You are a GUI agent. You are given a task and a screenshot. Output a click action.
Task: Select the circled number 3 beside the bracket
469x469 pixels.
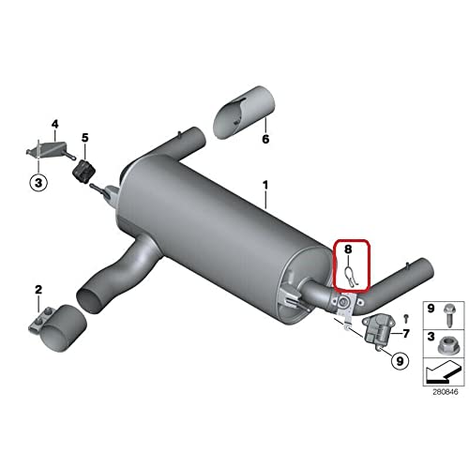tap(38, 183)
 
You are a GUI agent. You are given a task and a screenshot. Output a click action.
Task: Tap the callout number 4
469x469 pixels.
tap(54, 124)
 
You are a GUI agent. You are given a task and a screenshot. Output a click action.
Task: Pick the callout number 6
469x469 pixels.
tap(265, 140)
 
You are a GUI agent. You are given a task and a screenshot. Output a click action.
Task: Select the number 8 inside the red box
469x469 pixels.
tap(346, 250)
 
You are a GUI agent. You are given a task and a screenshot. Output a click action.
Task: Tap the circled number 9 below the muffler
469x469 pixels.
tap(399, 358)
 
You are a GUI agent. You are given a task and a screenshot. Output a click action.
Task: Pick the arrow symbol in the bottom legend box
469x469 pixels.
tap(440, 372)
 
